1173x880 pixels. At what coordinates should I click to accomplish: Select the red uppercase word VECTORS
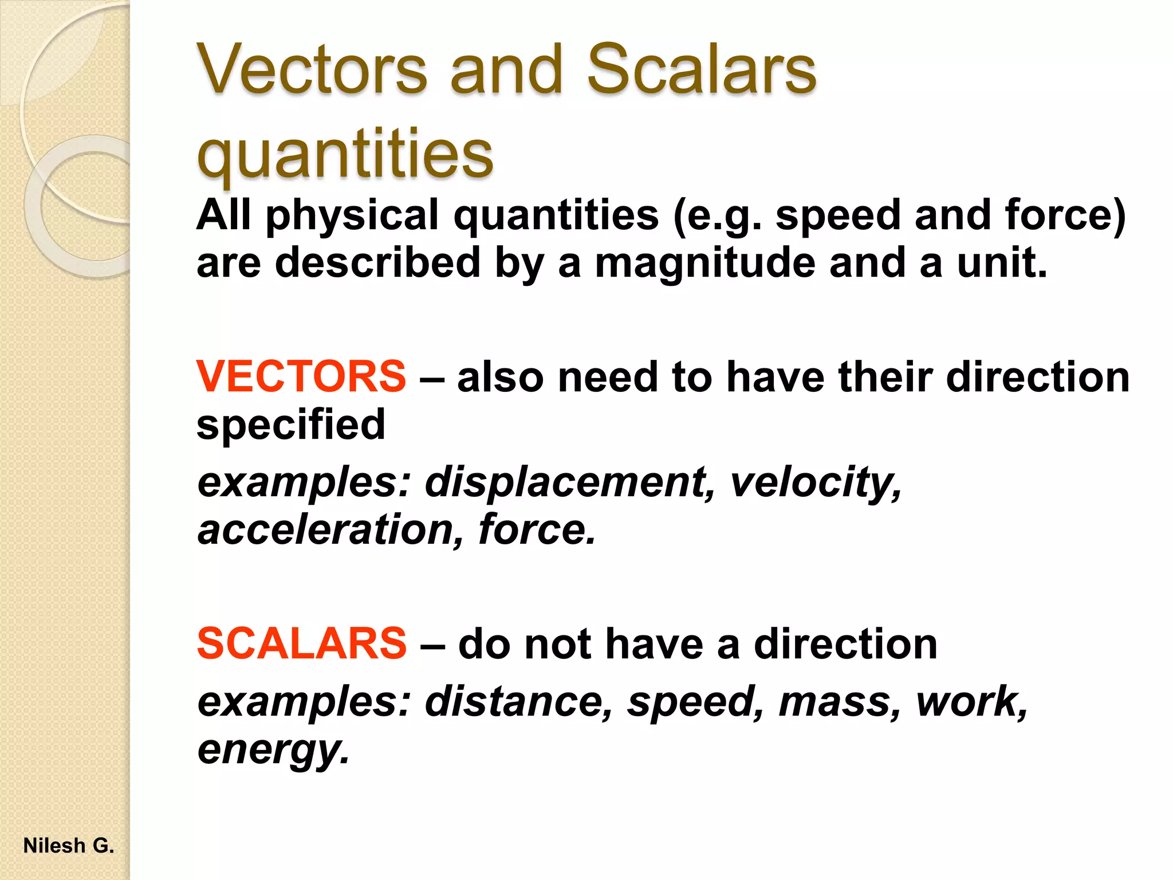[301, 377]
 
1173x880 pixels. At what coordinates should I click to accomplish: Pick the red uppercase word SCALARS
[301, 643]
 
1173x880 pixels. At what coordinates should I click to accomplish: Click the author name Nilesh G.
[69, 846]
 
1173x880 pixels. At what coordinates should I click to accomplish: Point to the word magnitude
[705, 263]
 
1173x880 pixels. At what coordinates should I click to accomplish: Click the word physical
[352, 216]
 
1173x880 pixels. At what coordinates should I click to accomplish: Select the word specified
[291, 425]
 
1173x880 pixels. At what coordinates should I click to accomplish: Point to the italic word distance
[519, 701]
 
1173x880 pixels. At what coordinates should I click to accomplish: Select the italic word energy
[273, 749]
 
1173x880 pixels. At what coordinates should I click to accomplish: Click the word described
[377, 263]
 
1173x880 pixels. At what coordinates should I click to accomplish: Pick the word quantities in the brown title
[344, 154]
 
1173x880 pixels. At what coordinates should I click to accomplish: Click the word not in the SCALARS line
[558, 643]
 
